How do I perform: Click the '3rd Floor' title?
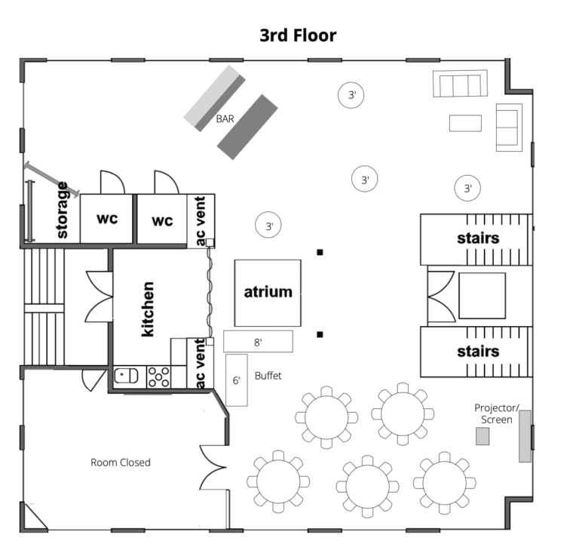[298, 35]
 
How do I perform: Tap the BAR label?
[225, 118]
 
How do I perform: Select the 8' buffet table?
[258, 342]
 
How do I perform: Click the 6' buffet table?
[237, 380]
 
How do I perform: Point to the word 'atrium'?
[268, 292]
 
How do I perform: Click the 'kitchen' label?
[148, 309]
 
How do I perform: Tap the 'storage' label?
[62, 210]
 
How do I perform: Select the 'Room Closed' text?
[121, 463]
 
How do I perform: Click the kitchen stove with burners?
[159, 377]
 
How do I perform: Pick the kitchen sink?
[127, 376]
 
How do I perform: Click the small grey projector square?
[482, 436]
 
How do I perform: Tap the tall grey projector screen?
[525, 436]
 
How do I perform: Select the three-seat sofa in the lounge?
[460, 84]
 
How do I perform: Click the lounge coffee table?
[465, 123]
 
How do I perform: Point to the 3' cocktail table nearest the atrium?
[268, 225]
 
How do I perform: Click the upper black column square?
[320, 253]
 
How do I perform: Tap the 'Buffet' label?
[268, 376]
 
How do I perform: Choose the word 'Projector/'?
[497, 408]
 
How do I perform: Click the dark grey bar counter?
[247, 127]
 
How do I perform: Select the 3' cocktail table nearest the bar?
[351, 95]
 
